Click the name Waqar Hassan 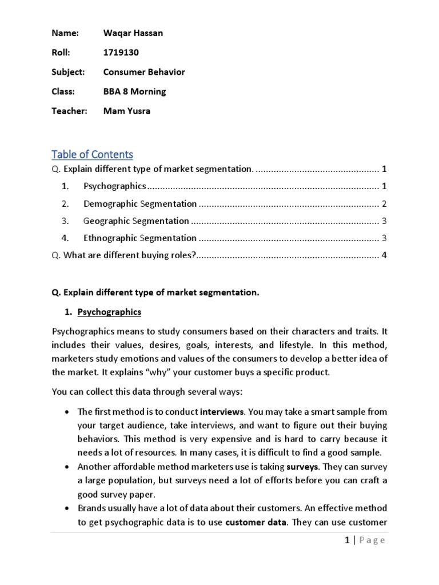pyautogui.click(x=133, y=33)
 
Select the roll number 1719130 pyautogui.click(x=121, y=53)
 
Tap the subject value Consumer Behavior pyautogui.click(x=144, y=72)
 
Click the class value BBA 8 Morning pyautogui.click(x=134, y=91)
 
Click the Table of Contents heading pyautogui.click(x=92, y=154)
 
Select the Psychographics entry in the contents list pyautogui.click(x=115, y=186)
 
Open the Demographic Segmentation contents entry pyautogui.click(x=140, y=203)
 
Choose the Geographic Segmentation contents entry pyautogui.click(x=136, y=221)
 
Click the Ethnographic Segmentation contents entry pyautogui.click(x=140, y=238)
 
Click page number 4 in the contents pyautogui.click(x=385, y=255)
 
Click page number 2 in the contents pyautogui.click(x=385, y=203)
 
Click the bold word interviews pyautogui.click(x=222, y=411)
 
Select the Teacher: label pyautogui.click(x=69, y=111)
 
